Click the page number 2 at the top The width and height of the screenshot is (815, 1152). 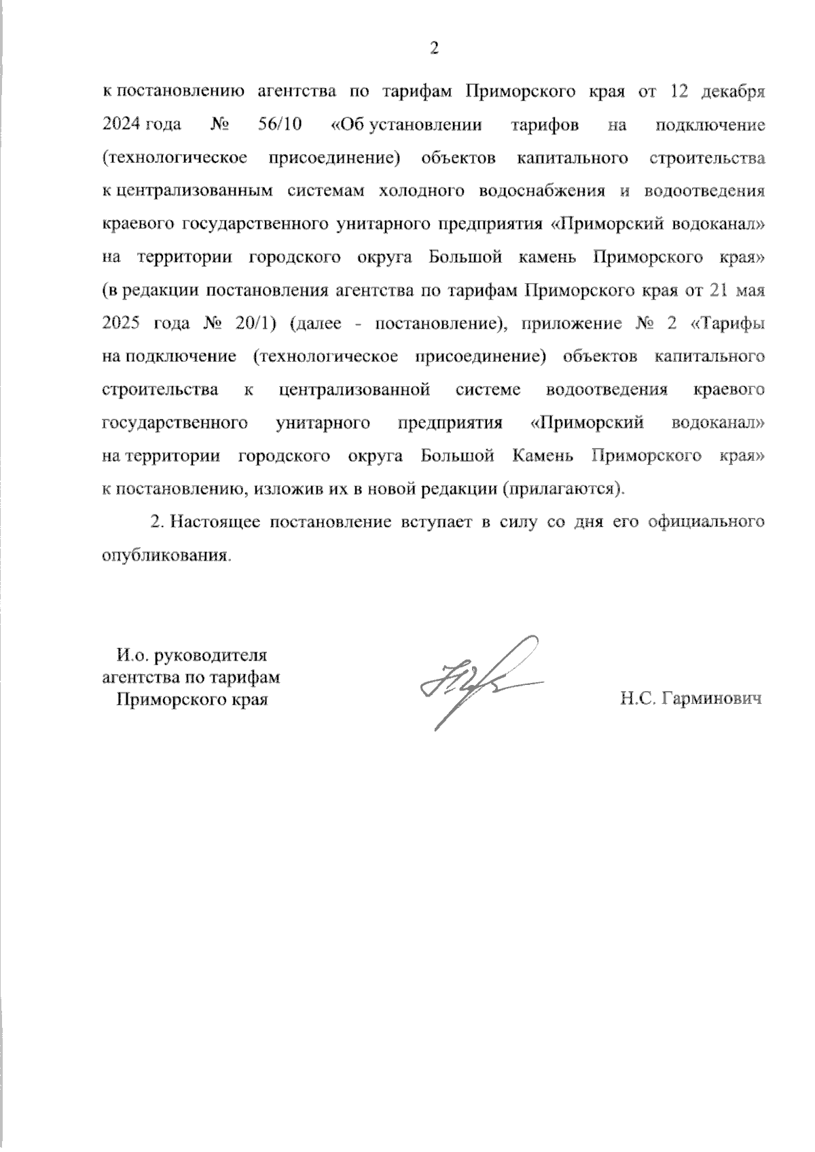pos(435,48)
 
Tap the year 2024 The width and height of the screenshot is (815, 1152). pos(122,126)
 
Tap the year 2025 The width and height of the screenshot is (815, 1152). pos(122,324)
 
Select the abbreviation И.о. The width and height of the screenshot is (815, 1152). pos(132,656)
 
